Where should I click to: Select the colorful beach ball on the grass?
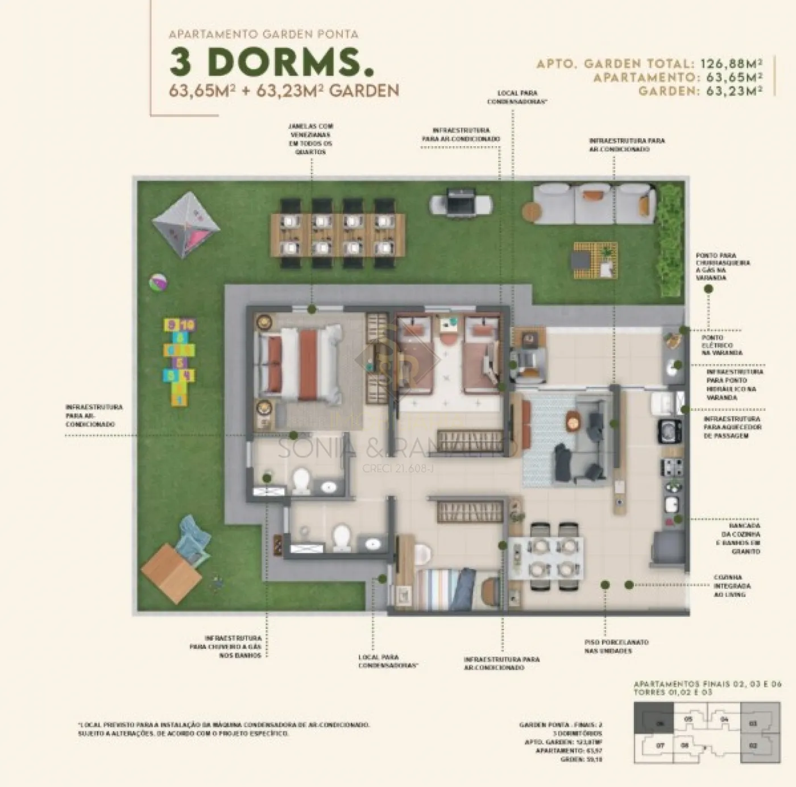coord(157,282)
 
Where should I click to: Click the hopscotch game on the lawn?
coord(180,362)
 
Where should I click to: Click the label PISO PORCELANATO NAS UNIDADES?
coord(616,646)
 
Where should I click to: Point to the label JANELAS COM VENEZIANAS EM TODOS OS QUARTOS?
coord(310,139)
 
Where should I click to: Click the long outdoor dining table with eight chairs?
coord(338,233)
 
